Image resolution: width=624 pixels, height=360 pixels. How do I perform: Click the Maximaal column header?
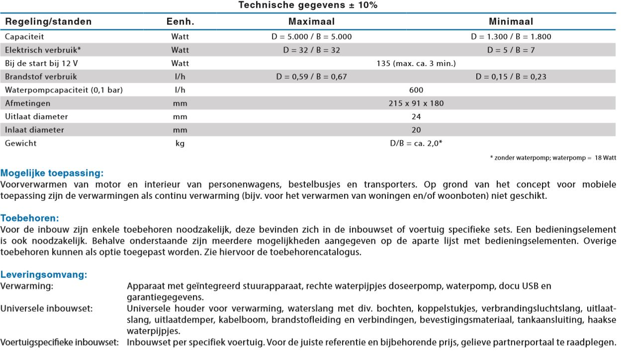[x=311, y=21]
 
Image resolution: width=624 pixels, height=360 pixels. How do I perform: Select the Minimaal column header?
[x=511, y=21]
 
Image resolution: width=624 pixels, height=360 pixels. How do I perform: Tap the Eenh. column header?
[x=180, y=21]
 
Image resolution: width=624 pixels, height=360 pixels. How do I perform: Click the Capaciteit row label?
[x=24, y=36]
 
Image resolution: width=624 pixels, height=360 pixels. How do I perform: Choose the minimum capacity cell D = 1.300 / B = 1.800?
[x=511, y=36]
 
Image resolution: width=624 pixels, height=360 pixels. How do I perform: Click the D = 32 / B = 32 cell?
[x=311, y=50]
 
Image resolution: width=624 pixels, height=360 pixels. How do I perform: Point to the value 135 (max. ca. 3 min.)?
[x=417, y=63]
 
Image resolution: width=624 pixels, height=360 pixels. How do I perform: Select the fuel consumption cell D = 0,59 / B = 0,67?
[x=311, y=77]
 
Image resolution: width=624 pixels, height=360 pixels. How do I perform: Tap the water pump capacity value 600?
[x=417, y=90]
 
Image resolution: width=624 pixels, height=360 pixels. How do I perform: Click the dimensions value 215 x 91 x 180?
[x=417, y=103]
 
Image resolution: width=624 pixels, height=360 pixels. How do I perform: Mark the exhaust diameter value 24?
[x=417, y=116]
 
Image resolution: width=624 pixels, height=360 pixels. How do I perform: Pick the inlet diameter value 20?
[x=417, y=130]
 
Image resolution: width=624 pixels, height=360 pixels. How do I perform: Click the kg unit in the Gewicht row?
[x=180, y=143]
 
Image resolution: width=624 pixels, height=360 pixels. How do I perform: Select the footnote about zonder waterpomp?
[x=553, y=158]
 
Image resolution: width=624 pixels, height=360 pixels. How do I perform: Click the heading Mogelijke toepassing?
[x=52, y=174]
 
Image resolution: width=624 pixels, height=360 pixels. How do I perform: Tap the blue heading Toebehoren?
[x=30, y=218]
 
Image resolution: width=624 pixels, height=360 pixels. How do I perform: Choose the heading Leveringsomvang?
[x=44, y=274]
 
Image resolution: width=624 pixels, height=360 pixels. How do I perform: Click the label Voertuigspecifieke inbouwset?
[x=60, y=342]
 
